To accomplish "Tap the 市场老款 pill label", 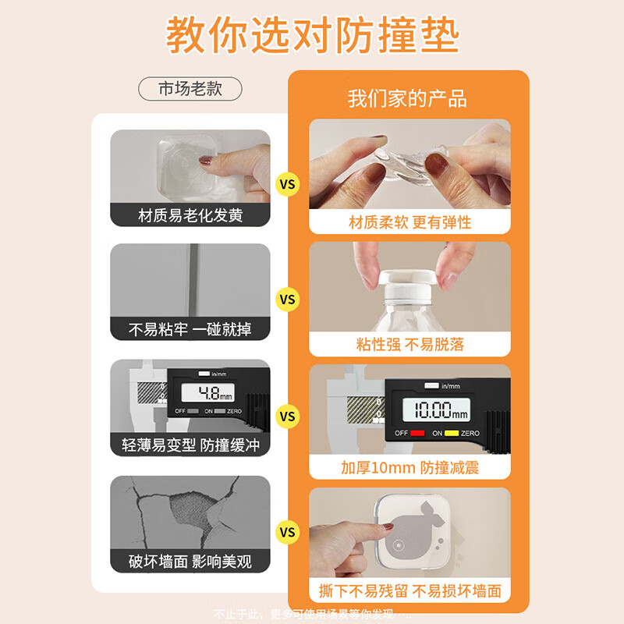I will click(190, 88).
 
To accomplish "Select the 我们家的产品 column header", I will click(406, 98).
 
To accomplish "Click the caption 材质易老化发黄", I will click(190, 215).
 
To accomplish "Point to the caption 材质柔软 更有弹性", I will click(409, 222).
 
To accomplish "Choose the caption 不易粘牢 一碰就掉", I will click(190, 329).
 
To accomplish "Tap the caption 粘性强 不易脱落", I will click(409, 344).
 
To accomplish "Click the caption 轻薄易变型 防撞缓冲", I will click(190, 445).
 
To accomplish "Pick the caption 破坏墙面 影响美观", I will click(190, 560).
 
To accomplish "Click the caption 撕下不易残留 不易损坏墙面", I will click(409, 590).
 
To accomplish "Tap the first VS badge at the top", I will click(288, 185).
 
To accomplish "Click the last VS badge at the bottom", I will click(288, 533).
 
